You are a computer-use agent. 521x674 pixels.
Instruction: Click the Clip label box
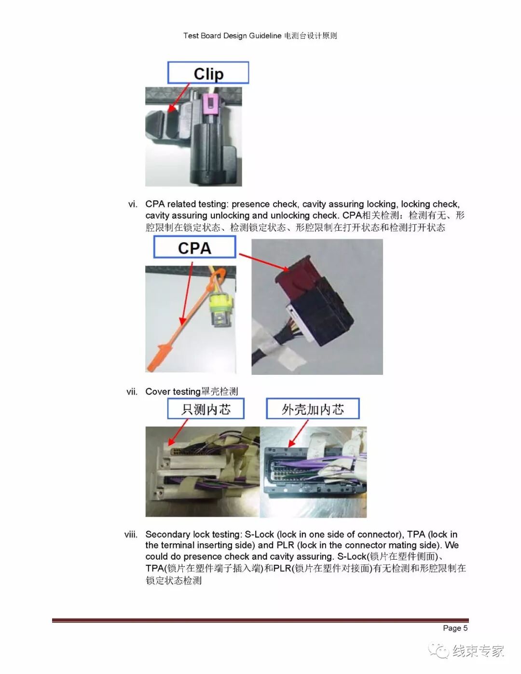click(x=208, y=72)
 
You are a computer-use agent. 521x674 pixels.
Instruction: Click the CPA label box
click(x=194, y=247)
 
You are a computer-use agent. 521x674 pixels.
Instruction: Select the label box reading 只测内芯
click(x=206, y=409)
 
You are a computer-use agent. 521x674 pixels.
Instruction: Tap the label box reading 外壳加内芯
click(x=313, y=409)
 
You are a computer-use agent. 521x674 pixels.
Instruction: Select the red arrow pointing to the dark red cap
click(x=264, y=262)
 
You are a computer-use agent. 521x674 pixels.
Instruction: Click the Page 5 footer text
click(x=455, y=628)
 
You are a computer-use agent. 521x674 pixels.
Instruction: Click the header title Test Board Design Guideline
click(x=233, y=36)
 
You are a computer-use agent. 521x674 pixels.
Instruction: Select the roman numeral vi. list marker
click(x=133, y=204)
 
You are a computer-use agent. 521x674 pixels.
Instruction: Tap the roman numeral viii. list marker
click(x=131, y=535)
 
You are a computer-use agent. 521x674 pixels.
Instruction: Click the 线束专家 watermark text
click(x=478, y=650)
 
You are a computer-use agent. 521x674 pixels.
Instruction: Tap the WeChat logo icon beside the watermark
click(x=439, y=650)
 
